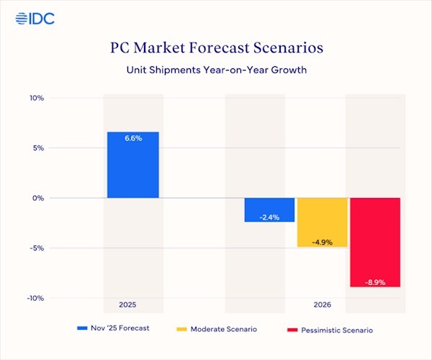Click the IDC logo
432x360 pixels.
32,17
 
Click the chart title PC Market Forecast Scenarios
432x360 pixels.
216,49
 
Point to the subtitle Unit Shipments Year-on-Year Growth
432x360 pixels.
216,71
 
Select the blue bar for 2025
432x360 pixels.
133,165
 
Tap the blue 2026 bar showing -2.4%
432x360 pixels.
269,210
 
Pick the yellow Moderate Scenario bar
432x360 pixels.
322,222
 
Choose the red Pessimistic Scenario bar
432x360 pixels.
374,242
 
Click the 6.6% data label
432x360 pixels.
133,138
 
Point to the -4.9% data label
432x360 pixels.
322,241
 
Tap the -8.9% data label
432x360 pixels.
374,282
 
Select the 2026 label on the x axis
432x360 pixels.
322,305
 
